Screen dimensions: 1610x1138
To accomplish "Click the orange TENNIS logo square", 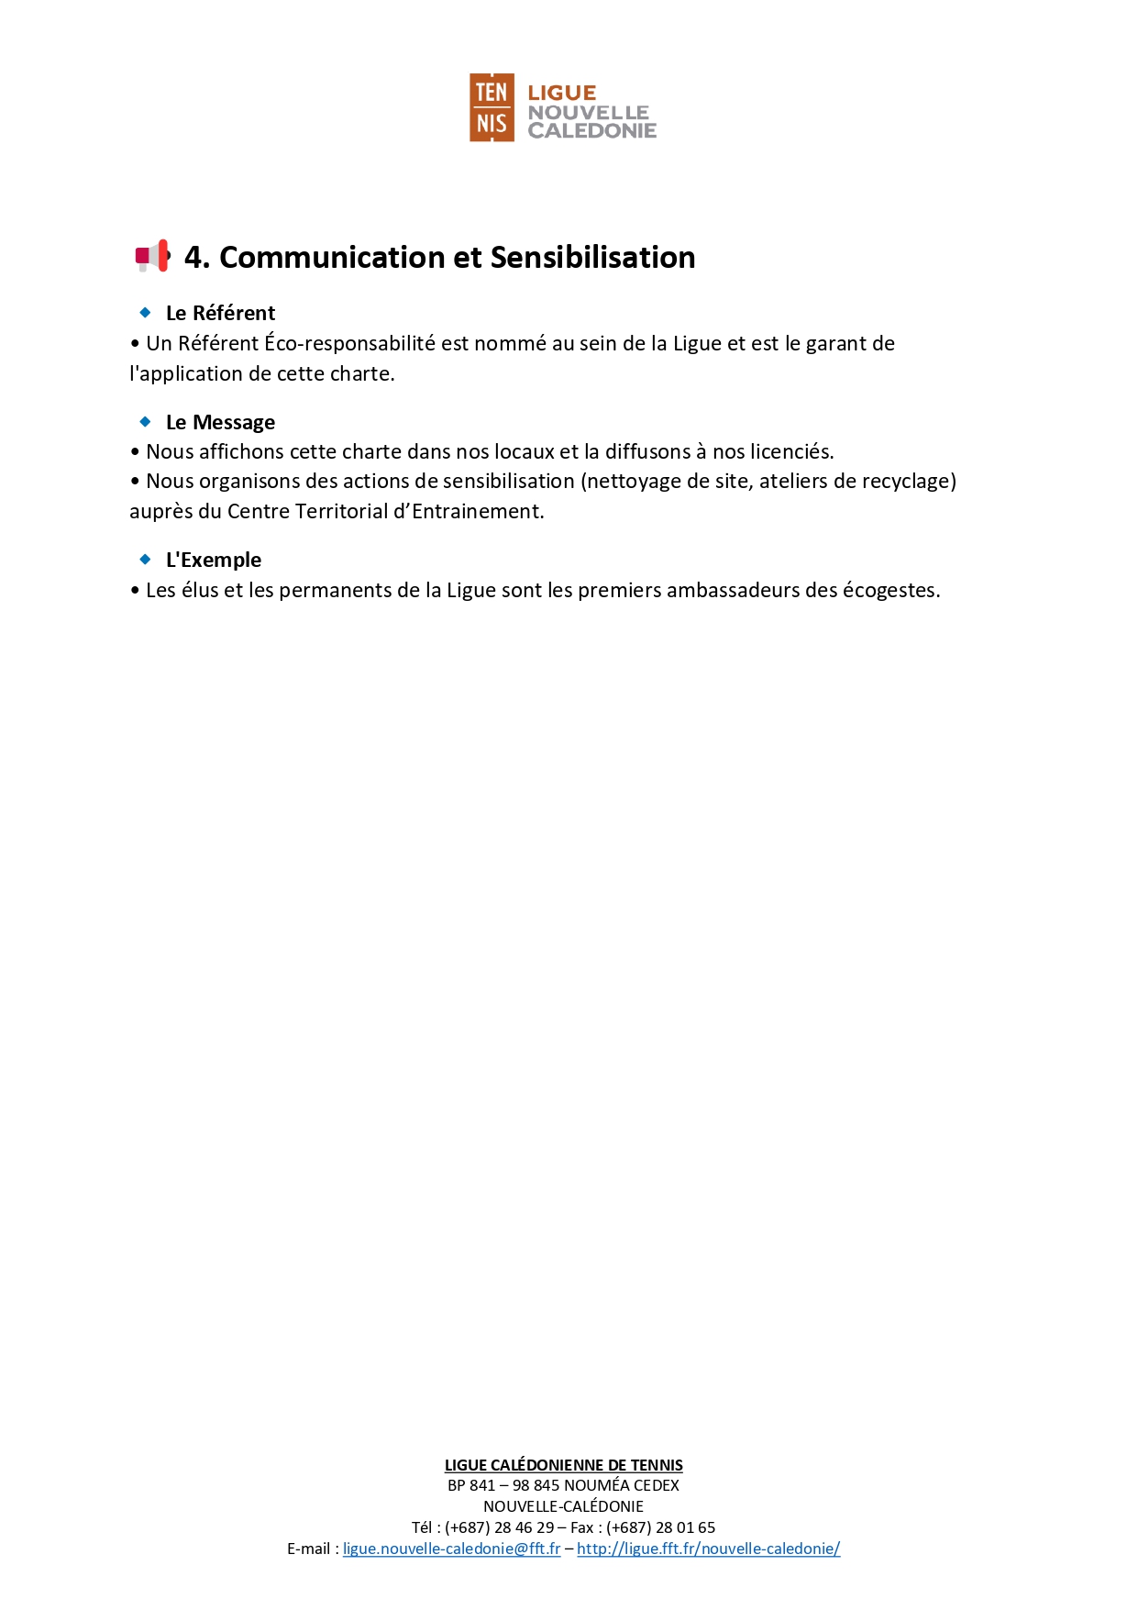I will [x=492, y=107].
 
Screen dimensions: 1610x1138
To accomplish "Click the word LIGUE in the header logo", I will [x=561, y=93].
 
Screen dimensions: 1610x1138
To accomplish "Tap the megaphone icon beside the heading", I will [x=152, y=256].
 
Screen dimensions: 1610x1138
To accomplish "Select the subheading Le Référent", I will [x=220, y=313].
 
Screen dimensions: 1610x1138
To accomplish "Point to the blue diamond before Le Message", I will [x=145, y=422].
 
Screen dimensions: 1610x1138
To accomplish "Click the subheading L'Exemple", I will [x=213, y=560].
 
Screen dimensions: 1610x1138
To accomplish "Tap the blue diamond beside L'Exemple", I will [x=145, y=560].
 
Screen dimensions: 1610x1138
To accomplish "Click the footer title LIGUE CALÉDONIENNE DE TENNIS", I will [x=563, y=1465].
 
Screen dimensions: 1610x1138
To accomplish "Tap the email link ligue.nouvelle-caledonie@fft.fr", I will [x=451, y=1549].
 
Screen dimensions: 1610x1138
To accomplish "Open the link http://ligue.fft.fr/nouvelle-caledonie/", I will [x=708, y=1549].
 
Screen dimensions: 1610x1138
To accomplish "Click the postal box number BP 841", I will [x=470, y=1485].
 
